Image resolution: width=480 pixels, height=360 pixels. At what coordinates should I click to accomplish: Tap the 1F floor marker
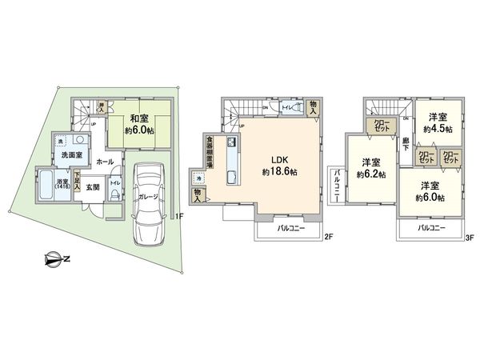click(180, 216)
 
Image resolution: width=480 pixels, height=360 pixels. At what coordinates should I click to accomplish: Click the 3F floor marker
click(470, 237)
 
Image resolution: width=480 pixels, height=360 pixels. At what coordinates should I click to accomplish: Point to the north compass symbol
click(52, 258)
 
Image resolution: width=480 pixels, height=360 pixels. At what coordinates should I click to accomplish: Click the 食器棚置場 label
click(207, 151)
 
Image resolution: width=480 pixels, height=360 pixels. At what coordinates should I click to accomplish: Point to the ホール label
click(103, 161)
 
